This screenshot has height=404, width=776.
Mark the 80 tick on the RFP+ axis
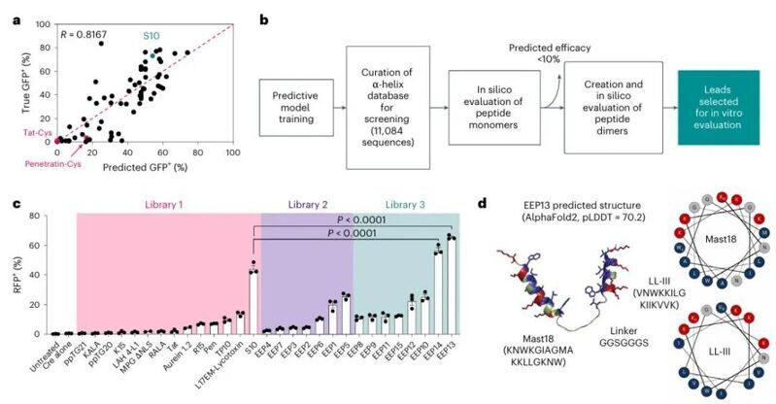(38, 214)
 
